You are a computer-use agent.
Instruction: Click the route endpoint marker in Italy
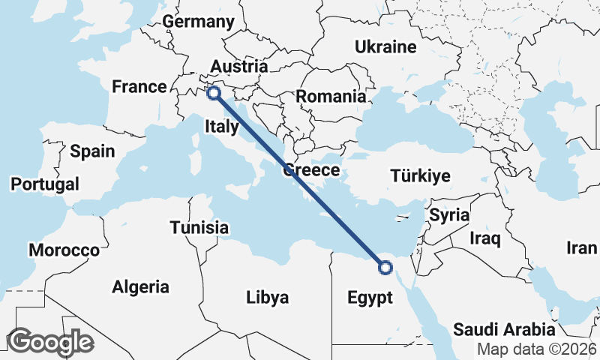pyautogui.click(x=214, y=93)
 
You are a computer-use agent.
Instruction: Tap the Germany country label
pyautogui.click(x=199, y=22)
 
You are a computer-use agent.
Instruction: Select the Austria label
pyautogui.click(x=238, y=66)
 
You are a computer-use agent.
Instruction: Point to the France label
pyautogui.click(x=139, y=87)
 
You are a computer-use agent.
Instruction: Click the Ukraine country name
pyautogui.click(x=385, y=47)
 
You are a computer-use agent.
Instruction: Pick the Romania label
pyautogui.click(x=331, y=97)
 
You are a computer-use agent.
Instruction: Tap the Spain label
pyautogui.click(x=92, y=151)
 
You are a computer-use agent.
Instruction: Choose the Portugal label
pyautogui.click(x=45, y=184)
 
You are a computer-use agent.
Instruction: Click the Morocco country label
pyautogui.click(x=64, y=250)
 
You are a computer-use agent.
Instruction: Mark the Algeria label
pyautogui.click(x=140, y=286)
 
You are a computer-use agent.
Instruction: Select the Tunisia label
pyautogui.click(x=199, y=227)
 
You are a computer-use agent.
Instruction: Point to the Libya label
pyautogui.click(x=267, y=298)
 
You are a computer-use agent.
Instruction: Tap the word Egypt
pyautogui.click(x=370, y=298)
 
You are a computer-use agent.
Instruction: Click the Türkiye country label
pyautogui.click(x=420, y=176)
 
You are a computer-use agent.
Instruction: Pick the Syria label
pyautogui.click(x=448, y=215)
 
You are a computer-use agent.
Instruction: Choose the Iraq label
pyautogui.click(x=484, y=239)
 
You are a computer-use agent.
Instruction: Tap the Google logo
pyautogui.click(x=50, y=342)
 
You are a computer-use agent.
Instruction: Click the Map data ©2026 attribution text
pyautogui.click(x=537, y=349)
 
